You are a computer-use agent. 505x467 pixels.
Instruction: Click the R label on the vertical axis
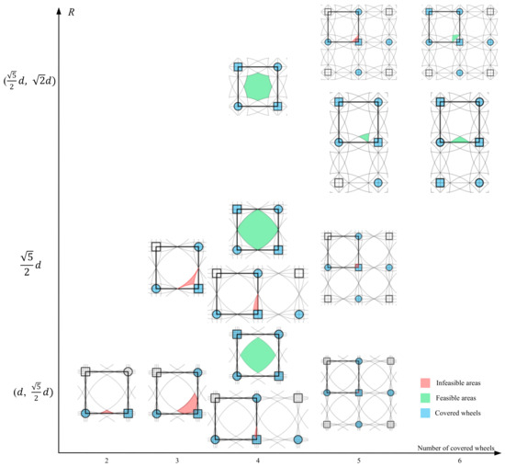[x=72, y=13]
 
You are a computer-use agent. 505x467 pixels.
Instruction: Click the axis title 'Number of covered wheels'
[x=455, y=448]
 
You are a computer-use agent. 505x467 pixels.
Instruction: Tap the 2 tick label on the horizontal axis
[x=107, y=461]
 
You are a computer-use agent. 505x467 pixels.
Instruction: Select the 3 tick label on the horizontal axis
[x=177, y=461]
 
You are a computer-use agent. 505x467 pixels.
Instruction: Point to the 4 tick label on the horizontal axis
[x=258, y=461]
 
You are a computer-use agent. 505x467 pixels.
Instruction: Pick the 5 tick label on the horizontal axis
[x=359, y=461]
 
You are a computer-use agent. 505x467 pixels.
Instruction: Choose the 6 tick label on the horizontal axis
[x=460, y=461]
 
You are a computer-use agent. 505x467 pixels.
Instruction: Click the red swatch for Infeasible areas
[x=425, y=382]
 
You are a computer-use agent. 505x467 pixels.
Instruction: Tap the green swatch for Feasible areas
[x=425, y=398]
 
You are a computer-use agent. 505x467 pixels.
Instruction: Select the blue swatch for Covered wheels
[x=425, y=413]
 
